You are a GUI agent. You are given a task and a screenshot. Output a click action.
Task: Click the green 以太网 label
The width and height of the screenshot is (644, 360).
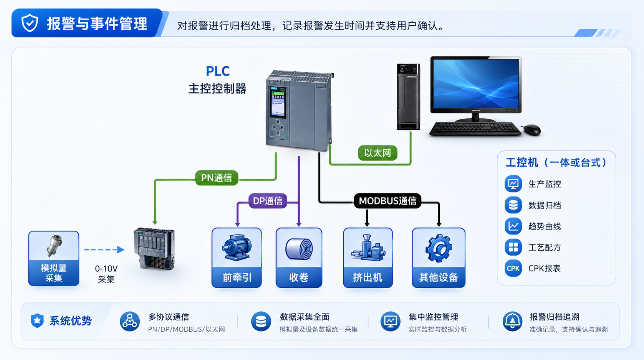(x=377, y=153)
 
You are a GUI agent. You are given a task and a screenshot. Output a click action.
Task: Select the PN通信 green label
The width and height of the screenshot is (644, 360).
(x=217, y=178)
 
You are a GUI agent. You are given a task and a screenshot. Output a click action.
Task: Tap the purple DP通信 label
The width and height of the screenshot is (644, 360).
(x=268, y=201)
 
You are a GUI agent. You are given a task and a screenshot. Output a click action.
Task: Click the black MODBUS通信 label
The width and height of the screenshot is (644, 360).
(x=387, y=201)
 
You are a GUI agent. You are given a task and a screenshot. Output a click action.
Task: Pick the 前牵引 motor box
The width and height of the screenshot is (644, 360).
(x=237, y=258)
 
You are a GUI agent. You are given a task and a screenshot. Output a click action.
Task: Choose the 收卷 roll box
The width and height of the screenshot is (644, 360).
(x=299, y=258)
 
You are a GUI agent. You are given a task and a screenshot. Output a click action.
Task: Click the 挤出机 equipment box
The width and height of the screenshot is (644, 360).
(x=368, y=258)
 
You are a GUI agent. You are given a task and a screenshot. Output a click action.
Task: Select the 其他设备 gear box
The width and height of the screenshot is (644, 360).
(x=439, y=258)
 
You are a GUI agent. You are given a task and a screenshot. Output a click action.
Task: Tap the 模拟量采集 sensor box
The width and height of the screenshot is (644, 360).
(x=54, y=258)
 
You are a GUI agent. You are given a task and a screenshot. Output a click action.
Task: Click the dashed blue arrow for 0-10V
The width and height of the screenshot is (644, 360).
(x=104, y=250)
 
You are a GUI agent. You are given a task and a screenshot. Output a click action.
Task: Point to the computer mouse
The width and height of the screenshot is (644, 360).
(x=531, y=130)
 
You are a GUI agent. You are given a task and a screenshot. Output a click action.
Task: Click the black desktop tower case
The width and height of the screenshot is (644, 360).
(x=409, y=97)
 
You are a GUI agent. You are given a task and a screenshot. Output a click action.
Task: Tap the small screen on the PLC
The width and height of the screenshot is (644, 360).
(x=278, y=102)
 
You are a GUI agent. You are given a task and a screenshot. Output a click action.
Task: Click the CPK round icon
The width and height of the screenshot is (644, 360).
(x=513, y=268)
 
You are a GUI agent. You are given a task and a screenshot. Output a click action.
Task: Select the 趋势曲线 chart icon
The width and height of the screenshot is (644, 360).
(x=513, y=226)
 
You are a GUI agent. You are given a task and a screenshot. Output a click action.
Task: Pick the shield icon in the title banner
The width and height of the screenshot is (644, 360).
(x=30, y=23)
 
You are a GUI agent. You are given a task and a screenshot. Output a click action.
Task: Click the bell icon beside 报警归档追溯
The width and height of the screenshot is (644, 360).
(x=512, y=321)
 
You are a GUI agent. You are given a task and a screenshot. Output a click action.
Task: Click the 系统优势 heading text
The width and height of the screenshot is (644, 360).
(x=70, y=320)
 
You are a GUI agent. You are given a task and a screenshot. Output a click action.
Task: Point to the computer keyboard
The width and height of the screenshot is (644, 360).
(x=475, y=129)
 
